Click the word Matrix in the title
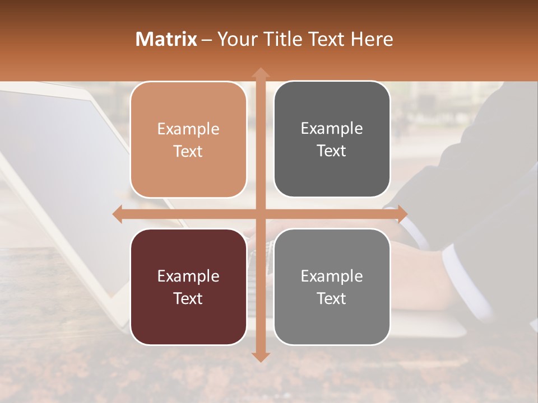[x=166, y=39]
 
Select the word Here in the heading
[x=372, y=39]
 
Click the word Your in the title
[x=234, y=39]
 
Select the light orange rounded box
[x=188, y=139]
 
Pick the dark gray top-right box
[x=332, y=139]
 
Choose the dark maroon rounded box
[x=188, y=287]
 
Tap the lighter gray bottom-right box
[x=332, y=287]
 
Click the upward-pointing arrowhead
[x=260, y=72]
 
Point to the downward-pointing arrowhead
[x=260, y=357]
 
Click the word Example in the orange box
[x=188, y=129]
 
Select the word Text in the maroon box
[x=188, y=298]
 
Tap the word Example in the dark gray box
[x=332, y=128]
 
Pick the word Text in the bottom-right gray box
[x=332, y=298]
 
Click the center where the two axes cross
[x=260, y=214]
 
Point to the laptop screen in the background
[x=56, y=168]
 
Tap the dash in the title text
[x=207, y=40]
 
